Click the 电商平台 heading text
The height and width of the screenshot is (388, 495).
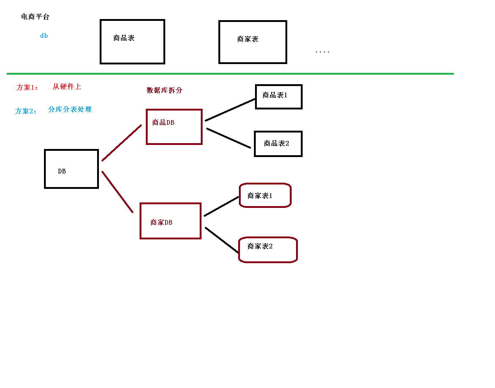click(35, 16)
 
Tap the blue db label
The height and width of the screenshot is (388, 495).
click(44, 36)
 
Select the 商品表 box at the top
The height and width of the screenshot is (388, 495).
click(132, 42)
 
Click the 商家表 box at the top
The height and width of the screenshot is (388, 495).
click(253, 42)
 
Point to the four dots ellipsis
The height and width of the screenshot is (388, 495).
click(322, 52)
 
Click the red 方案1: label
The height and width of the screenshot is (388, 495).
click(27, 87)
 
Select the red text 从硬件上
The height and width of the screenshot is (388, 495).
click(67, 87)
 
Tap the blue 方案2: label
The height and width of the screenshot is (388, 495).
click(26, 111)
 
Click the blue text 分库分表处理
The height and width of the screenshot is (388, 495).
click(70, 109)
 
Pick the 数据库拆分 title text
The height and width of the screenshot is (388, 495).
click(165, 90)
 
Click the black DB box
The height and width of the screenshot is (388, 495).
click(71, 169)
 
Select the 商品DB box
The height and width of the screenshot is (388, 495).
click(174, 127)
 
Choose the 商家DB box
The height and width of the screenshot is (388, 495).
click(171, 221)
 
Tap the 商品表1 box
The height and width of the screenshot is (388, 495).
click(279, 97)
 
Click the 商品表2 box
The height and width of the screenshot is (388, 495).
click(278, 144)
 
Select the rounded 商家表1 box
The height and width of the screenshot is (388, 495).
click(265, 195)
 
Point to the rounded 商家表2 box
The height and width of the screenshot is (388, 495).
click(268, 250)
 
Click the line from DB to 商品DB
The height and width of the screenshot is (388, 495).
click(122, 143)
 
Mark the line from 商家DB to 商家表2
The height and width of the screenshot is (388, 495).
click(222, 240)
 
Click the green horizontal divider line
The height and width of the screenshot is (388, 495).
click(230, 74)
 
